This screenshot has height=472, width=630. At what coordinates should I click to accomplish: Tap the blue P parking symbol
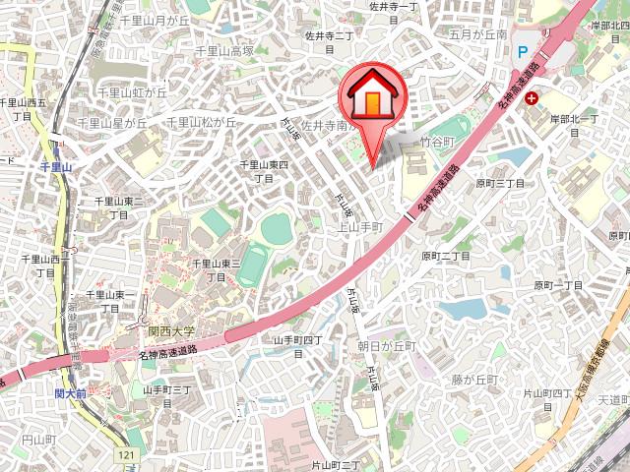tap(523, 49)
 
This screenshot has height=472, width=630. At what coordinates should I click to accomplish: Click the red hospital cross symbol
tap(532, 97)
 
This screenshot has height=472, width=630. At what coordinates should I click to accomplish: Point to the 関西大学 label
tap(162, 333)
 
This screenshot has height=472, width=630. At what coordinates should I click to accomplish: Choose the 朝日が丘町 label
tap(386, 346)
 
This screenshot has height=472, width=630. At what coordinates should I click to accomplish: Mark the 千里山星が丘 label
tap(111, 123)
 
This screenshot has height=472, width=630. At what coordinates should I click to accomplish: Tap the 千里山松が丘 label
tap(201, 123)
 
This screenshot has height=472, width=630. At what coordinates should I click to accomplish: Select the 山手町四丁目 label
tap(298, 340)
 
